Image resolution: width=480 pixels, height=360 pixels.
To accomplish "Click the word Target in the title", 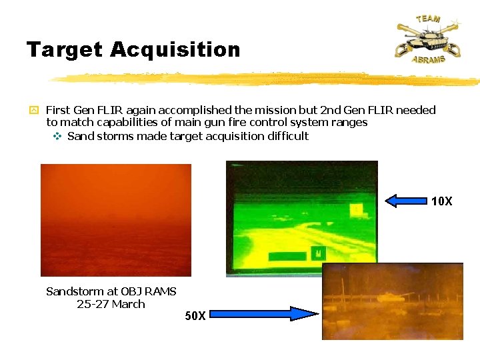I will [x=64, y=50].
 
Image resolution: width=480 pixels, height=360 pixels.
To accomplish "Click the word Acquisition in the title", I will [x=175, y=50].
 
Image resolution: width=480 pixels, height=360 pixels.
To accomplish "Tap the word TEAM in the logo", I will [x=427, y=18].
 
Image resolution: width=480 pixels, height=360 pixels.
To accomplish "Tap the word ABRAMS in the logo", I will [x=428, y=59].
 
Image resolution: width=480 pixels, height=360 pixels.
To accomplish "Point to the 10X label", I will [x=441, y=201].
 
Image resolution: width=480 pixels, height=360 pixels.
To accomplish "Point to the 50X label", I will [x=195, y=316].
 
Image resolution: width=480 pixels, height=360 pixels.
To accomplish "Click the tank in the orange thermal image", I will [x=391, y=297].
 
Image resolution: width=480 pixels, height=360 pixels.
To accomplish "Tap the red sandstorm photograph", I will [x=116, y=220].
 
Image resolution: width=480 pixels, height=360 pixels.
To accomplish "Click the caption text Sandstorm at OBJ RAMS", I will [x=111, y=291].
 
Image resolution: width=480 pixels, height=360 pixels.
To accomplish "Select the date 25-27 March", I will [x=111, y=304].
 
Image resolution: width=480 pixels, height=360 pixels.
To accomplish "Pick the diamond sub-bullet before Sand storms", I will [x=57, y=136].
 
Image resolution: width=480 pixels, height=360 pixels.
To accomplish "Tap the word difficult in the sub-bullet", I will [x=285, y=136].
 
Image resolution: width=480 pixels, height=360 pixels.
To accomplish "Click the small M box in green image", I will [x=318, y=253].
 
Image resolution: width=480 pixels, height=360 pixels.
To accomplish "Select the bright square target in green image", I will [x=356, y=209].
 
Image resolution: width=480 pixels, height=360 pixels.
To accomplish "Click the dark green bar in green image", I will [x=287, y=255].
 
